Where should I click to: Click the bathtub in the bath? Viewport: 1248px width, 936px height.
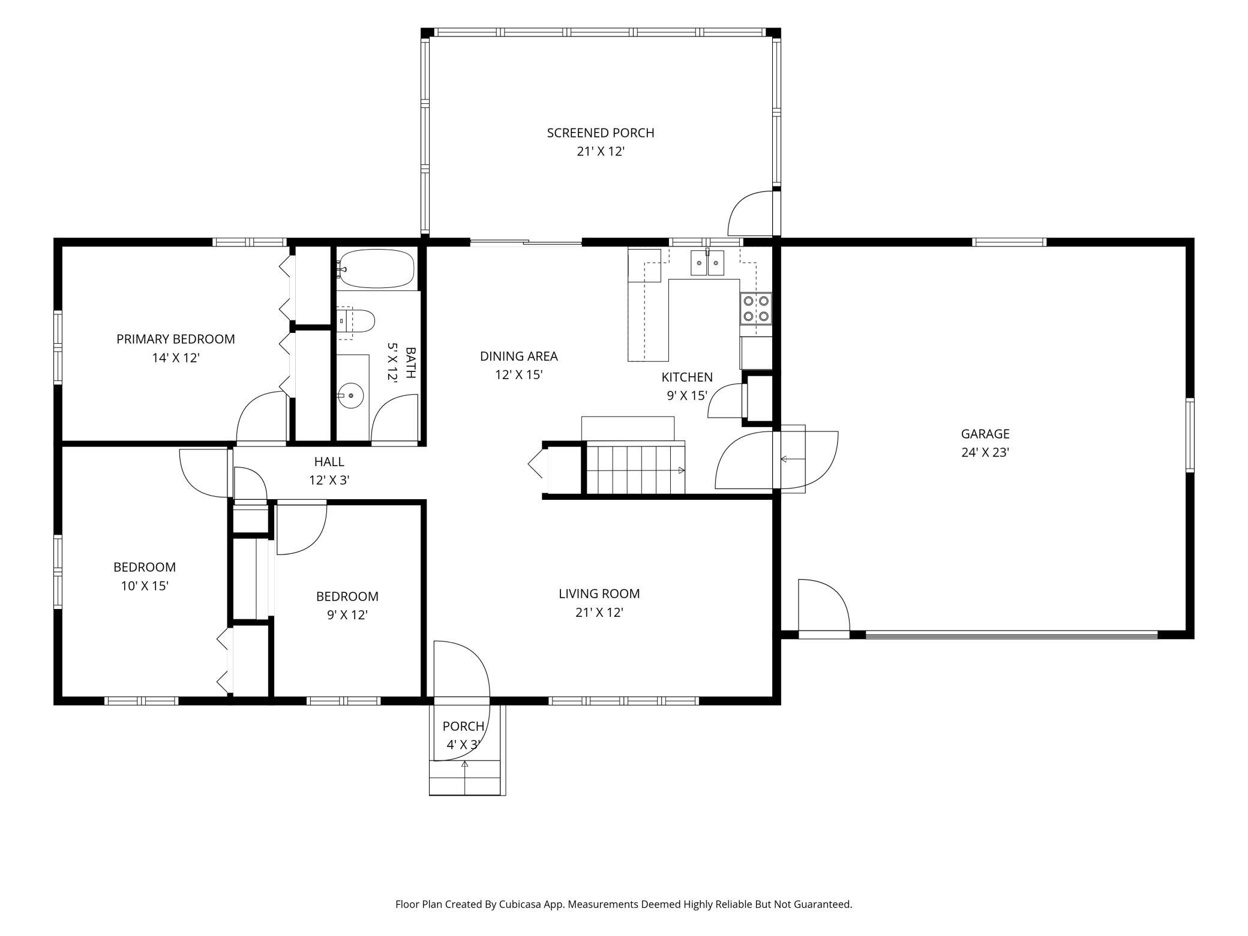(376, 269)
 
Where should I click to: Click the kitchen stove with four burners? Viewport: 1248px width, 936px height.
(756, 308)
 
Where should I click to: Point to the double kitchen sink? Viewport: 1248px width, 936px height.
(707, 263)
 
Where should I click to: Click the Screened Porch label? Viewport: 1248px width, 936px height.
(601, 133)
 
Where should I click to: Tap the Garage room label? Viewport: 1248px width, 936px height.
(985, 434)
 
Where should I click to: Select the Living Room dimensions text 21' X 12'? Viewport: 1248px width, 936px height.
(599, 613)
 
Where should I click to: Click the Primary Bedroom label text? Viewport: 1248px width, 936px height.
(176, 339)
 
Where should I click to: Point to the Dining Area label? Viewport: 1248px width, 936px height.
(519, 356)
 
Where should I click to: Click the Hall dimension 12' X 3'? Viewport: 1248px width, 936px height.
(329, 481)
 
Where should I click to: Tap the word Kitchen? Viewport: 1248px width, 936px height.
(687, 377)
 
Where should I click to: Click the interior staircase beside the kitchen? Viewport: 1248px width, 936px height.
(635, 467)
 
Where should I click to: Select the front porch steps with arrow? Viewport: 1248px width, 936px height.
(465, 778)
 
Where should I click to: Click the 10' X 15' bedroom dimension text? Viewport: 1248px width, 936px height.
(145, 586)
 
